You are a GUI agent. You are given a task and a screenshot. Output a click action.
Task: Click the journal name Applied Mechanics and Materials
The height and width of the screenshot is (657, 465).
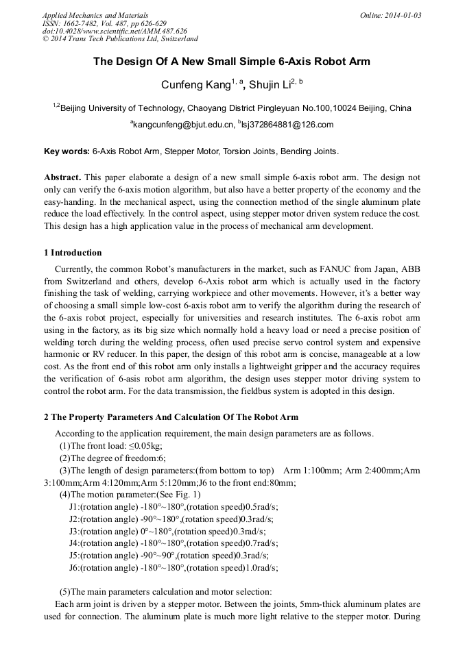(95, 15)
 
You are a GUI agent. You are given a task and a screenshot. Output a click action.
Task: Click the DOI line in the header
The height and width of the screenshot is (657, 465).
(114, 32)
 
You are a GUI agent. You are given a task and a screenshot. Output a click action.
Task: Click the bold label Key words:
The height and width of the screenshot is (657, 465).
(67, 151)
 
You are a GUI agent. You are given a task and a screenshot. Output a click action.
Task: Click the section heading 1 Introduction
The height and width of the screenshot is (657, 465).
(73, 253)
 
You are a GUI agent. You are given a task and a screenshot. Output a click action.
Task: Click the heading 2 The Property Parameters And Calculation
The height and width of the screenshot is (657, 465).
(171, 417)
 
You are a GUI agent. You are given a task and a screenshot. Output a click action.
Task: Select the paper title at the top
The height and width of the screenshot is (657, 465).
(232, 62)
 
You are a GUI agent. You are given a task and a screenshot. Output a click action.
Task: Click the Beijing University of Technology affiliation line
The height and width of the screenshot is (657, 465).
(232, 108)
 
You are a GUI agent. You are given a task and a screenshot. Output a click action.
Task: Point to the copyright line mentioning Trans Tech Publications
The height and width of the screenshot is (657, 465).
(120, 39)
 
